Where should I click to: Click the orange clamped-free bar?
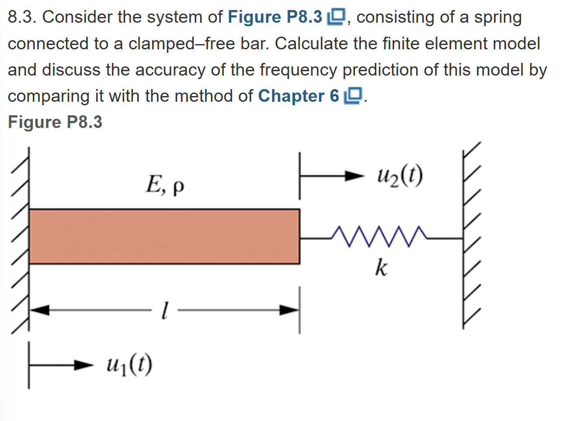(164, 236)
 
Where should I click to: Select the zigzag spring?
(379, 236)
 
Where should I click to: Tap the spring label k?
(381, 267)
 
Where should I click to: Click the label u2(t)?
(400, 176)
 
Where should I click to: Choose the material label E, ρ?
(164, 185)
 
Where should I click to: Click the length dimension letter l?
(164, 311)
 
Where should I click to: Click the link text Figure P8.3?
(275, 17)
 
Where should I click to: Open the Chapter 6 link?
(299, 96)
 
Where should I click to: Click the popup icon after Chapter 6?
(354, 96)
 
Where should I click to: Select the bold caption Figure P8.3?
(55, 122)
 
